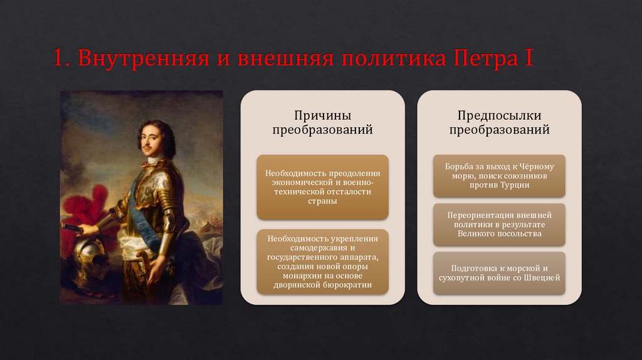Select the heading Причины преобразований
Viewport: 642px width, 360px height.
pos(323,122)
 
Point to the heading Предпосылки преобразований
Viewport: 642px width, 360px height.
pos(499,122)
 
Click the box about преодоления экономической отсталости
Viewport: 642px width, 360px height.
pos(323,187)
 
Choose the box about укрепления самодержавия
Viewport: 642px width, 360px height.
pos(323,262)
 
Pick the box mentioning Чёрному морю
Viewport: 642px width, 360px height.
pos(499,176)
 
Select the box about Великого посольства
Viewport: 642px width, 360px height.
pos(499,225)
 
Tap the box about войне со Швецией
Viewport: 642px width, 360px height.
pos(499,273)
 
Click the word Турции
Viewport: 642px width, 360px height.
pos(514,185)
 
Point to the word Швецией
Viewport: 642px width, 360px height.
pos(542,278)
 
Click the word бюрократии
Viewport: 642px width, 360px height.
pos(347,285)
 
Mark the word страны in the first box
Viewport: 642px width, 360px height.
pos(323,201)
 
